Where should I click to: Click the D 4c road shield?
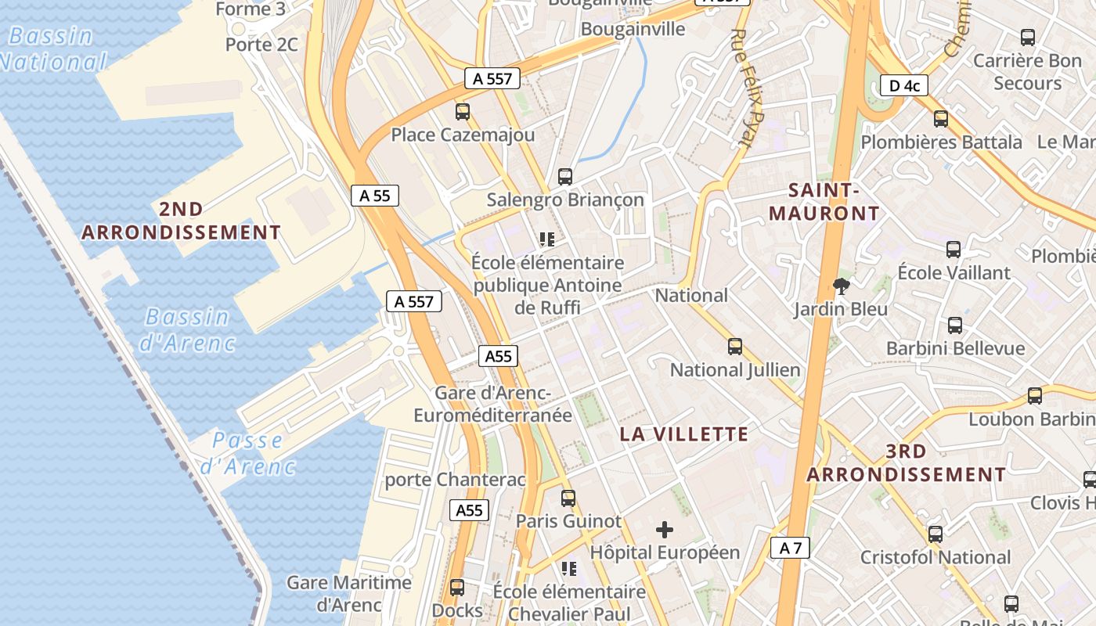(903, 85)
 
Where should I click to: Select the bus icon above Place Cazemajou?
(463, 112)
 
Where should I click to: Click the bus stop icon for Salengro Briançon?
(564, 177)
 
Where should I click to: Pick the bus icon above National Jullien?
(734, 347)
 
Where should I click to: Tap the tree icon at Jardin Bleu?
(842, 286)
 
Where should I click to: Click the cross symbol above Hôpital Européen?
(664, 530)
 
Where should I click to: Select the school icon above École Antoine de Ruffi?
(546, 239)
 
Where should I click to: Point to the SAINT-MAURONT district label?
(824, 201)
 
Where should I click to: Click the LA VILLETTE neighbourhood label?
(684, 434)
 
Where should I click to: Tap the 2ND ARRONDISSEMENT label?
(181, 221)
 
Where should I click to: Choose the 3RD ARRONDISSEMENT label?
(906, 462)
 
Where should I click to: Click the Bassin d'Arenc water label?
(187, 329)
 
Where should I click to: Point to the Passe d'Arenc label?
(247, 453)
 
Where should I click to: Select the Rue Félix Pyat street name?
(741, 88)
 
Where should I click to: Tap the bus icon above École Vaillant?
(953, 250)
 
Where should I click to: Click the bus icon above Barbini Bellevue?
(954, 325)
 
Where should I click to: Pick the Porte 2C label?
(261, 45)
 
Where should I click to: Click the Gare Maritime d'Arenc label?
(348, 593)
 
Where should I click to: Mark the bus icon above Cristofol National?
(935, 534)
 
